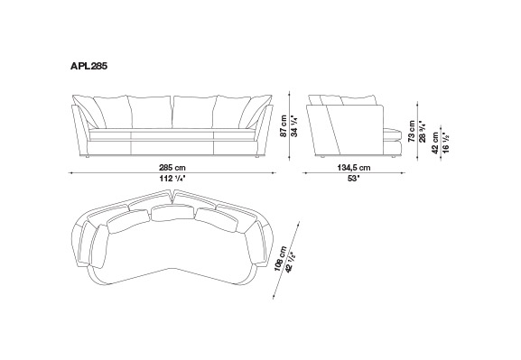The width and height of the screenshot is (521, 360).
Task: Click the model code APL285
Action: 88,66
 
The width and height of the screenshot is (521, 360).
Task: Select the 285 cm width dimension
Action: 172,168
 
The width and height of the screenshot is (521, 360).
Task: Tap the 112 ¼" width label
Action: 172,179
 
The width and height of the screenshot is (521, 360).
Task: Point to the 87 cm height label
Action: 284,126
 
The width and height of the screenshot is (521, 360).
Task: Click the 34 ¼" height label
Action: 294,126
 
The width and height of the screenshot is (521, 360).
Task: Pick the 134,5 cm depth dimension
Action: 354,168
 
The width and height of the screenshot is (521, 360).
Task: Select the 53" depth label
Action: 354,179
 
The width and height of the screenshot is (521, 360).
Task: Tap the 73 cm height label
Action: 412,131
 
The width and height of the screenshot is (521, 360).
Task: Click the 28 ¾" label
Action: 423,131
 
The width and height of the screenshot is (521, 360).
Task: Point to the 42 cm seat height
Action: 435,143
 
